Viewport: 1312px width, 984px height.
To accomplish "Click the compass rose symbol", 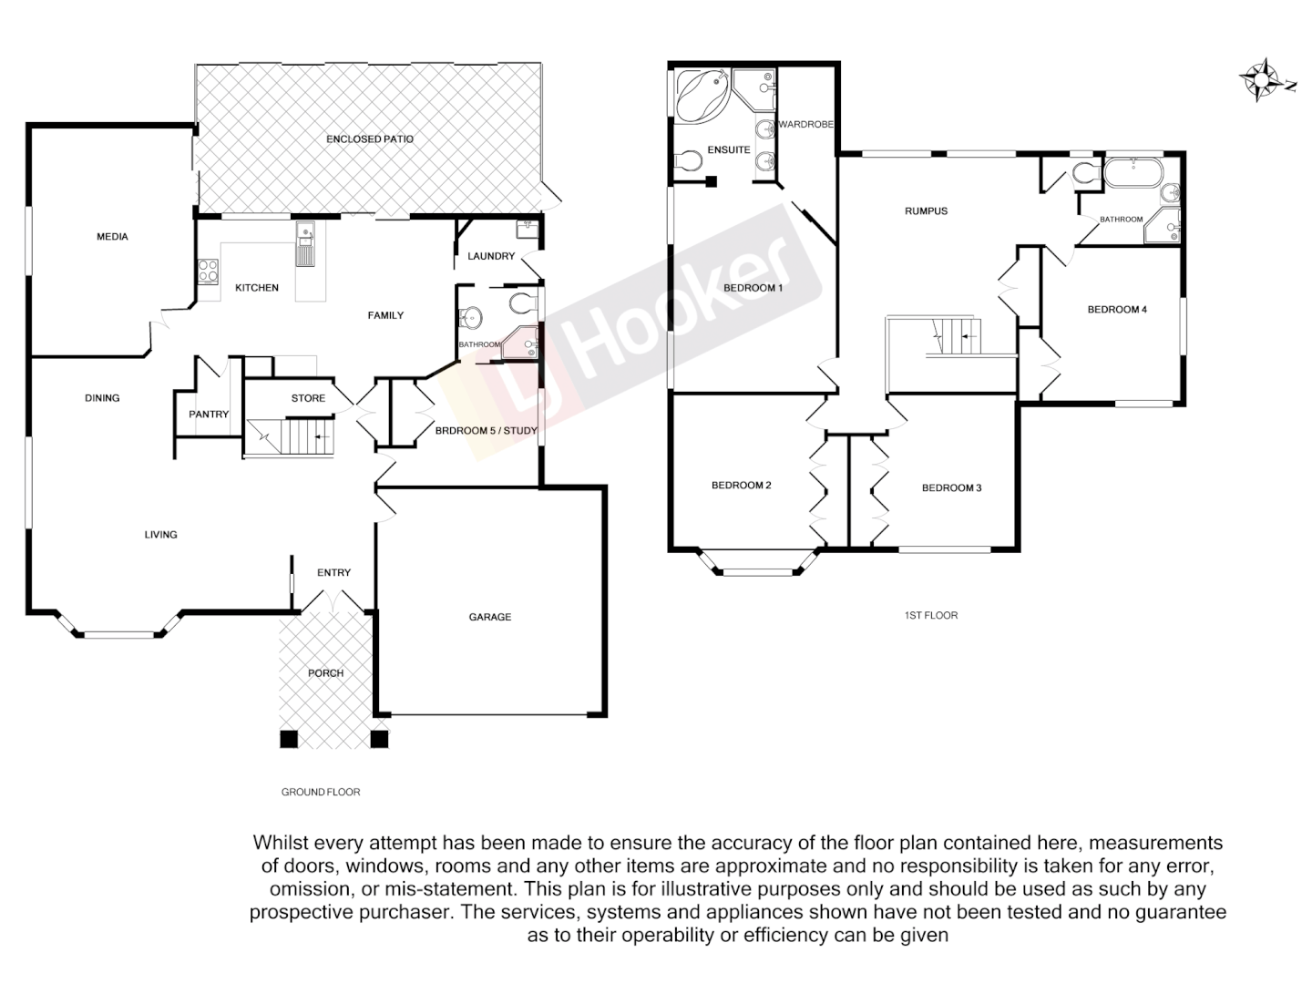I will pyautogui.click(x=1262, y=80).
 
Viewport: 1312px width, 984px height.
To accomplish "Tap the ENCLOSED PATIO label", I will pyautogui.click(x=370, y=139).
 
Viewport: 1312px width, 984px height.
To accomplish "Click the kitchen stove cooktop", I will pyautogui.click(x=209, y=271).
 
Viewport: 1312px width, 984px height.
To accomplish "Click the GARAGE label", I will pyautogui.click(x=490, y=618).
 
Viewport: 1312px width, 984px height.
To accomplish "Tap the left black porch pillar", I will pyautogui.click(x=289, y=739).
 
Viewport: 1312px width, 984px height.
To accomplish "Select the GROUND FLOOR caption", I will pyautogui.click(x=321, y=793).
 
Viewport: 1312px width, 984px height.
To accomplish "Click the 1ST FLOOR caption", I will pyautogui.click(x=931, y=616).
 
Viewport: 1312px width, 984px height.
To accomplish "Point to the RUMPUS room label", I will pyautogui.click(x=926, y=211).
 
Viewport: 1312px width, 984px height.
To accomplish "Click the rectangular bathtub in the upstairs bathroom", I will pyautogui.click(x=1133, y=172).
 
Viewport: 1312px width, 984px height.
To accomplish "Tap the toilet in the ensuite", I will pyautogui.click(x=689, y=162).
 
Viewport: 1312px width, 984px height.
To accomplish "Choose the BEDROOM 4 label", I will pyautogui.click(x=1117, y=310).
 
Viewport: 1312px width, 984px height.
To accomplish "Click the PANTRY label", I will pyautogui.click(x=209, y=415).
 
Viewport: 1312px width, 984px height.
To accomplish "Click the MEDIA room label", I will pyautogui.click(x=112, y=237).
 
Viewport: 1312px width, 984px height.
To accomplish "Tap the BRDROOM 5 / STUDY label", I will pyautogui.click(x=486, y=431).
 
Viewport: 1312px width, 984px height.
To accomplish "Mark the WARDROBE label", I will pyautogui.click(x=805, y=125).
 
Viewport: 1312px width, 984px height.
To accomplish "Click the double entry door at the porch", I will pyautogui.click(x=330, y=601).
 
